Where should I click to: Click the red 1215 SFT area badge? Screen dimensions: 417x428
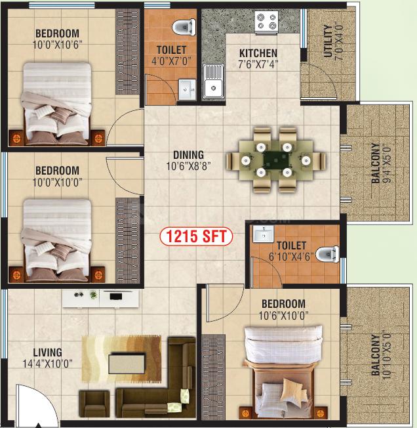coord(196,236)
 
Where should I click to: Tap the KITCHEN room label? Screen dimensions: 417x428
coord(258,53)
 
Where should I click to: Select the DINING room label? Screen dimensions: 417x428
coord(189,155)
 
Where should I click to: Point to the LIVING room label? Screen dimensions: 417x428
coord(47,352)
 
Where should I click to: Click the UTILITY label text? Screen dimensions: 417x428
coord(328,41)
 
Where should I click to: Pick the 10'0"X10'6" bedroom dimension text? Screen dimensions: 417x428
coord(57,45)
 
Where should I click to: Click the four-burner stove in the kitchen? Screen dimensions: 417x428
coord(267,22)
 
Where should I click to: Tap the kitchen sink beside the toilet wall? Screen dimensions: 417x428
coord(213,81)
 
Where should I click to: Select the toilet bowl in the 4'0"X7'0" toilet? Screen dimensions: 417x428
coord(184,27)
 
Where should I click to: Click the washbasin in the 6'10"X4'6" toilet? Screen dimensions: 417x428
coord(264,234)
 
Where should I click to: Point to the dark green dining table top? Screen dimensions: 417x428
coord(276,160)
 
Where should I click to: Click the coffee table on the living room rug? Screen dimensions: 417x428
coord(127,363)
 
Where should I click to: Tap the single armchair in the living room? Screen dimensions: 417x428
coord(94,404)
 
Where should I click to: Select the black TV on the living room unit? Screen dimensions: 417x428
coord(116,296)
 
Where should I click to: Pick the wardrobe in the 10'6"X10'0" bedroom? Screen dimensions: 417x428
coord(213,377)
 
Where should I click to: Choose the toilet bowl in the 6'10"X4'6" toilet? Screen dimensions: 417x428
coord(328,254)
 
